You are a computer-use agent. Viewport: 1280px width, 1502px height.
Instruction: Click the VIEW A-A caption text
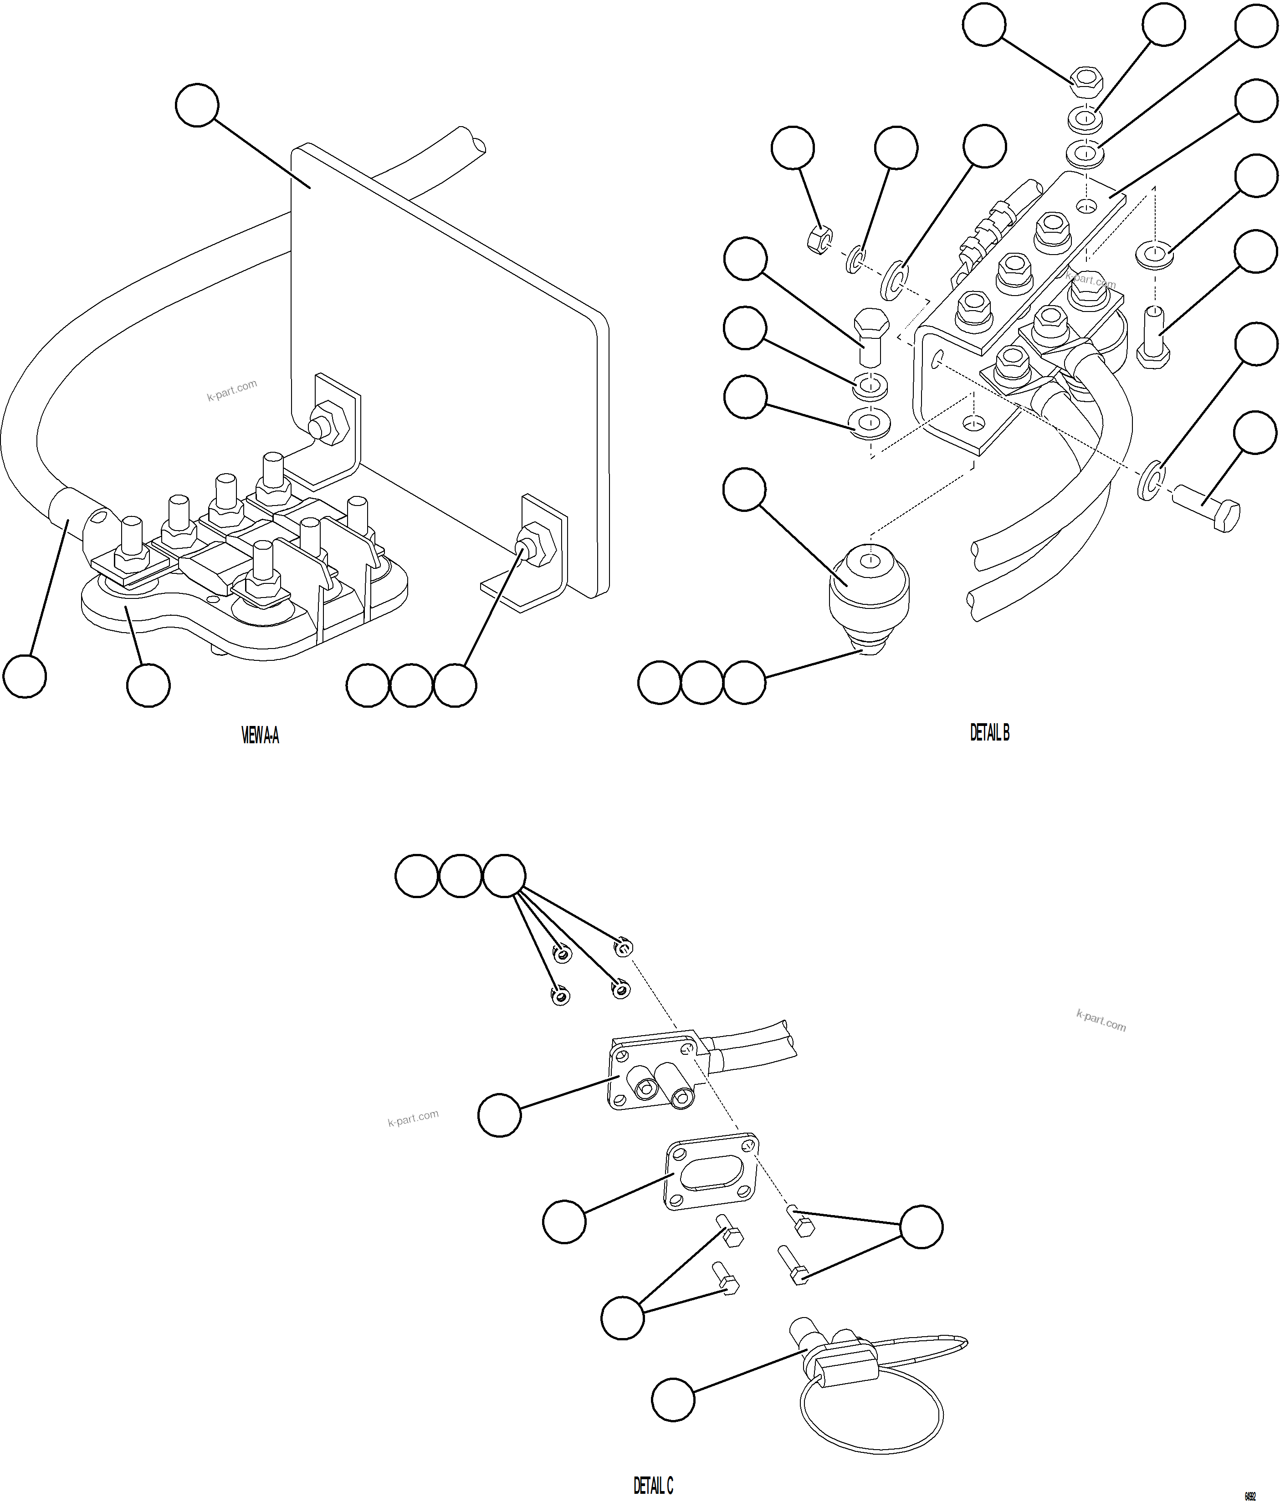coord(260,736)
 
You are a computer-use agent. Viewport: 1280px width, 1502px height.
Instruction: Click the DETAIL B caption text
coord(989,733)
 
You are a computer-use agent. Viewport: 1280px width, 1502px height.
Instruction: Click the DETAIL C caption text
coord(653,1486)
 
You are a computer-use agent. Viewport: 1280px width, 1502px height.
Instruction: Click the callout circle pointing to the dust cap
coord(673,1399)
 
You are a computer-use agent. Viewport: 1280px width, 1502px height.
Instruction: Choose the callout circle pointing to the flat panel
coord(196,105)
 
